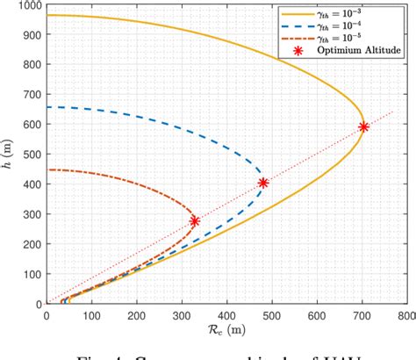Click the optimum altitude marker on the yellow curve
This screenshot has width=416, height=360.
coord(363,127)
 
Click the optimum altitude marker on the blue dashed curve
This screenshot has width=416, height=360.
coord(263,183)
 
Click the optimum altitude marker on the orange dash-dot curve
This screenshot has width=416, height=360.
coord(195,221)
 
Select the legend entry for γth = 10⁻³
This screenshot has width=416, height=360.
coord(335,13)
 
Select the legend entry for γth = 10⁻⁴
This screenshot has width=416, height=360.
coord(335,26)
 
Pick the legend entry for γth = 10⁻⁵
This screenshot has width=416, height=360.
coord(335,40)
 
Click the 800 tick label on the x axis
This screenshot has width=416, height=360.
coord(406,313)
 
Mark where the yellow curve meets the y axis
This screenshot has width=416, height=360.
coord(47,15)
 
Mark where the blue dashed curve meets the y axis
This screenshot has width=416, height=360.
coord(47,107)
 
